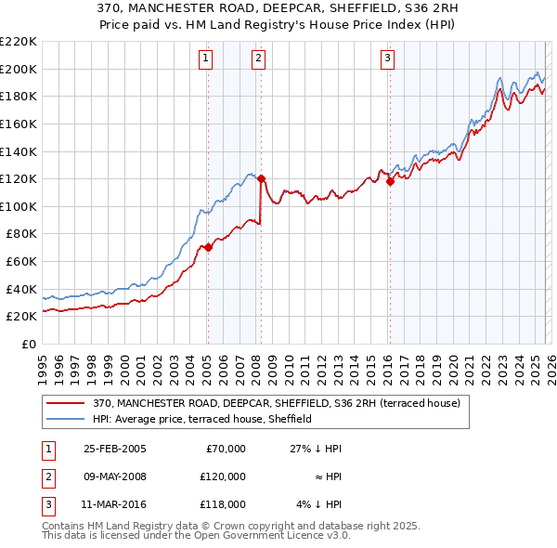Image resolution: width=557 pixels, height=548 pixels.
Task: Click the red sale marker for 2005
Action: click(208, 247)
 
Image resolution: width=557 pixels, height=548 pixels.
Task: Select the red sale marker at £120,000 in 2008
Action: click(261, 178)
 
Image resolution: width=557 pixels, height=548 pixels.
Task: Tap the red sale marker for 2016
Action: click(390, 182)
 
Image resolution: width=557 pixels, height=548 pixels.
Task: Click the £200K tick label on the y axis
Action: click(19, 69)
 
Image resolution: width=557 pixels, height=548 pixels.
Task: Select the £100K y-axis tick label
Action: click(19, 206)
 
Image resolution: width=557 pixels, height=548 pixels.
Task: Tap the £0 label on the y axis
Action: click(28, 344)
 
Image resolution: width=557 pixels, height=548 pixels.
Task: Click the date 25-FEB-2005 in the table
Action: click(113, 449)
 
